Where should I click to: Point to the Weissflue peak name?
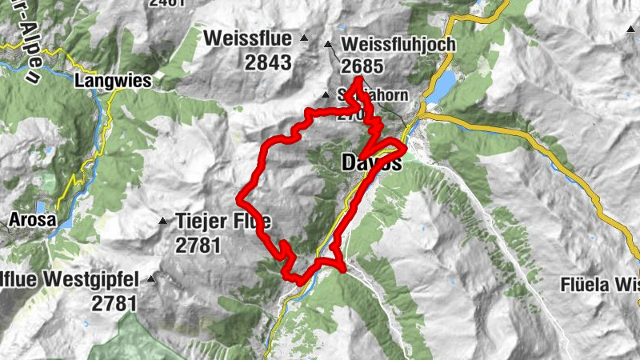pyautogui.click(x=246, y=38)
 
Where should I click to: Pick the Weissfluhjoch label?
pyautogui.click(x=398, y=45)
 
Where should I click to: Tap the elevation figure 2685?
pyautogui.click(x=362, y=66)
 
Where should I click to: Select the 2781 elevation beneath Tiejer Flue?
pyautogui.click(x=198, y=246)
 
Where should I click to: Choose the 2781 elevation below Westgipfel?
pyautogui.click(x=114, y=303)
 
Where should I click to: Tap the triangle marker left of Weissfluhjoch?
pyautogui.click(x=329, y=45)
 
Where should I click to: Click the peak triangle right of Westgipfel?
pyautogui.click(x=151, y=279)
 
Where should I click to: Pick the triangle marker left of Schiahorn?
pyautogui.click(x=325, y=95)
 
